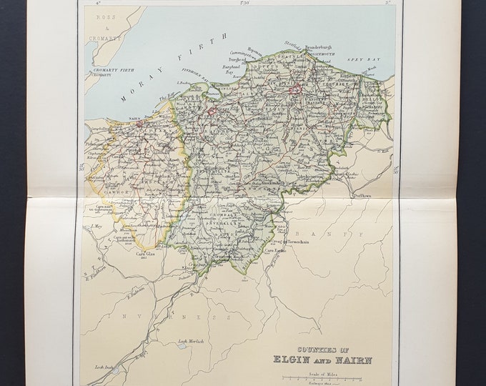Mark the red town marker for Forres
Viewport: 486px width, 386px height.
coord(212,112)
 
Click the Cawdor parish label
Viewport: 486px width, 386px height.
coord(106,192)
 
